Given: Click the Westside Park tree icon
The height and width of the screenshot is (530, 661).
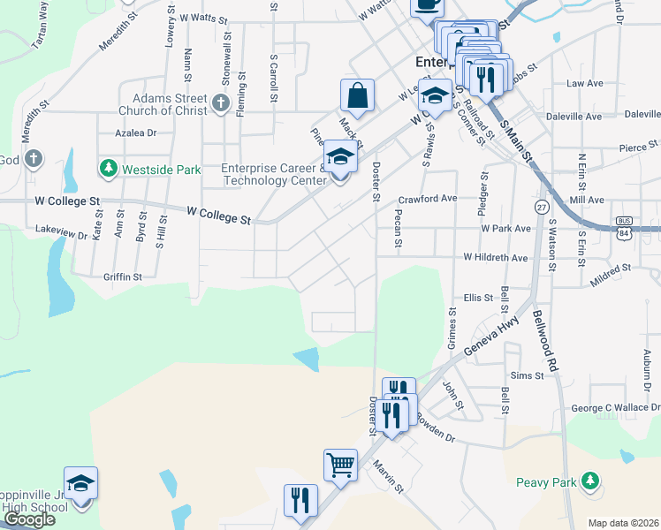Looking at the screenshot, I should point(109,168).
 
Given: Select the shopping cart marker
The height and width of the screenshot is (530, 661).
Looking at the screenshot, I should point(340,463).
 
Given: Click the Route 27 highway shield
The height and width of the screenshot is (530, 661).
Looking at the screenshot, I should point(541,206).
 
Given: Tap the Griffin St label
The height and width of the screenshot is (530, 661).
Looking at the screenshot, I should point(122,276).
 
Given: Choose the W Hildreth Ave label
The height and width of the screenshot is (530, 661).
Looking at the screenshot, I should point(497,258).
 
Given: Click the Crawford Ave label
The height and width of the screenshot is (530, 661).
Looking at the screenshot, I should point(427,199).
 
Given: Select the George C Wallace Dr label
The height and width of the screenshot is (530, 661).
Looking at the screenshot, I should point(616,408).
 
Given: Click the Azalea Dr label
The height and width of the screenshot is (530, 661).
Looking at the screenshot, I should point(135,133).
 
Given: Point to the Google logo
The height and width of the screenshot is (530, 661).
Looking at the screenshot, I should point(29,519).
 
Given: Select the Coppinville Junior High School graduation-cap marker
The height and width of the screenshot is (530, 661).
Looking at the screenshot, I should point(80,484).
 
